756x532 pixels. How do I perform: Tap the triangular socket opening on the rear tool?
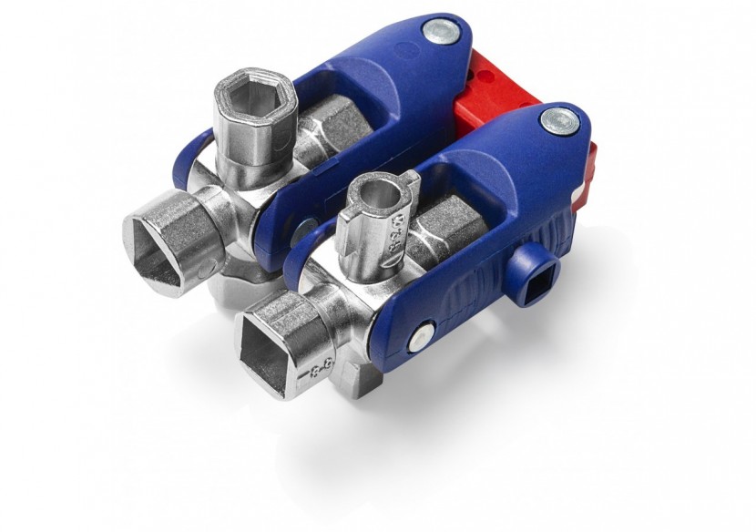164,240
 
